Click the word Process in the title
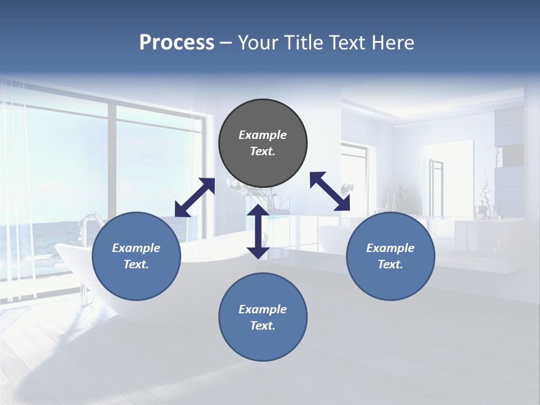pos(177,43)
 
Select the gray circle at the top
pos(263,143)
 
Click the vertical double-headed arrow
pos(258,231)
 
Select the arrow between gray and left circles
pos(195,197)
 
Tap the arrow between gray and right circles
pos(330,191)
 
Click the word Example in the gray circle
pos(263,135)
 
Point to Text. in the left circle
pos(136,264)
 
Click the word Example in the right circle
pos(390,248)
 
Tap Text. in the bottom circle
pos(263,326)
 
